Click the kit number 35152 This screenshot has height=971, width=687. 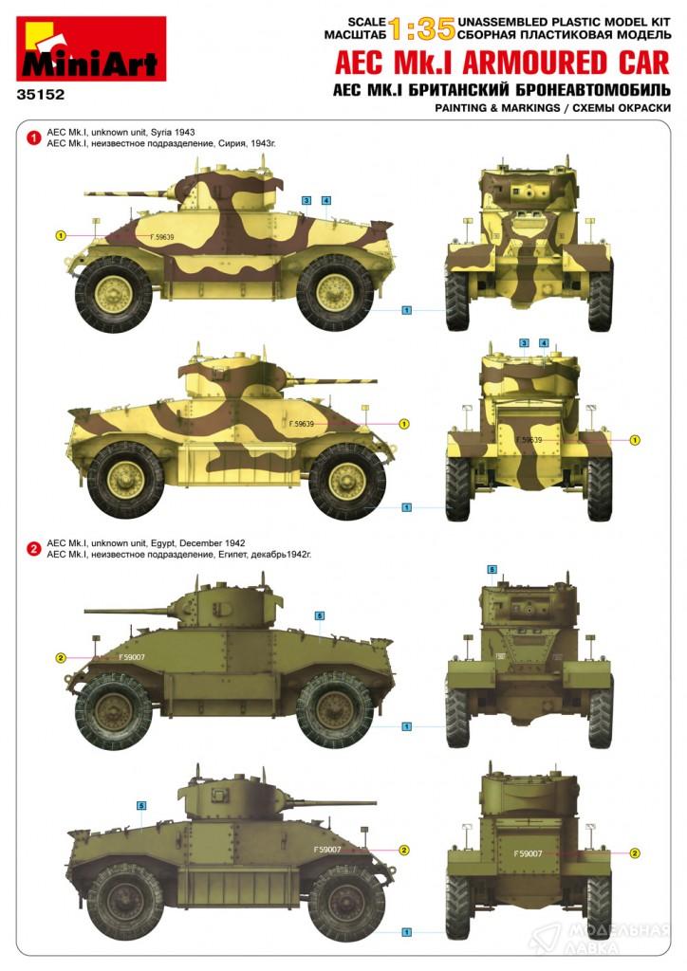coord(41,96)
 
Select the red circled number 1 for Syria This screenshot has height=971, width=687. coord(34,137)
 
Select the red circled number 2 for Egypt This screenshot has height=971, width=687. coord(34,549)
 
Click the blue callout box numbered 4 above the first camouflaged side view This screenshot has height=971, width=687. coord(326,200)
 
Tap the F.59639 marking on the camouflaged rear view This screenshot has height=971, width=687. coord(529,440)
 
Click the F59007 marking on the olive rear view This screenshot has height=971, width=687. coord(528,853)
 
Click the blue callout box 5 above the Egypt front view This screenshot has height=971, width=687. coord(492,569)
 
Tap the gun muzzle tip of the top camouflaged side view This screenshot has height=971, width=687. coord(86,193)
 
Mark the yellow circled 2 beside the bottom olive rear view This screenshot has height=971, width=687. coord(635,853)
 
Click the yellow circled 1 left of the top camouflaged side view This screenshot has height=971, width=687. coord(61,235)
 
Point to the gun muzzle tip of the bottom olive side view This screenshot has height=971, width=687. coord(374,803)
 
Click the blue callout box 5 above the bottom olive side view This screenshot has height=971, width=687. coord(142,806)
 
